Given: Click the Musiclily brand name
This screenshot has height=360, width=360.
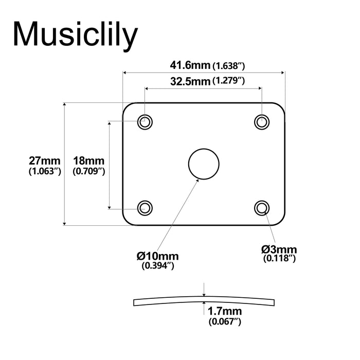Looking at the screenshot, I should [75, 35].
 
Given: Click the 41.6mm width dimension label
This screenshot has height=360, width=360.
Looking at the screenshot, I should [190, 65].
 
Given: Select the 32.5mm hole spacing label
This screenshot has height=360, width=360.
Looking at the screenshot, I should [190, 81].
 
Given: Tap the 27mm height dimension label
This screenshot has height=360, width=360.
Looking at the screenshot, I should [45, 160].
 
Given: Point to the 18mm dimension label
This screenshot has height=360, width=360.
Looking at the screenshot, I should [89, 160].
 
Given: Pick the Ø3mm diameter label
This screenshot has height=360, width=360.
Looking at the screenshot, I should [279, 249].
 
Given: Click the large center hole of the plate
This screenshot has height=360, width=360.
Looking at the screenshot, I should [204, 164].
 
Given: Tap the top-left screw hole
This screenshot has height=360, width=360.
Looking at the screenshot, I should [145, 122].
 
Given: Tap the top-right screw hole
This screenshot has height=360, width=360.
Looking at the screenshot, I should [262, 122].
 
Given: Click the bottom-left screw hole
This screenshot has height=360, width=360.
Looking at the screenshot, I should [145, 208].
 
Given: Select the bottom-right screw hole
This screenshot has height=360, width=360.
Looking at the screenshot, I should [262, 207].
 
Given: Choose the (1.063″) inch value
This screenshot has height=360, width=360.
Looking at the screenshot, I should [45, 171].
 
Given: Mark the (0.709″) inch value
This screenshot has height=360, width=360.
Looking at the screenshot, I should [89, 171].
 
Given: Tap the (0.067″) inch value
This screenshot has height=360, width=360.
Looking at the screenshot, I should [225, 322].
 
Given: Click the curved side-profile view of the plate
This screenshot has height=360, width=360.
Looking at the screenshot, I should [154, 301].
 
